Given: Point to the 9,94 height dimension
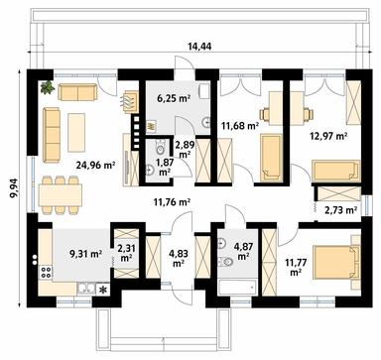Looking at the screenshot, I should [12, 182].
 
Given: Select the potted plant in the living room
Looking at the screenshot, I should [47, 88].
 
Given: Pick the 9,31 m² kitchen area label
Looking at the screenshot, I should [85, 254].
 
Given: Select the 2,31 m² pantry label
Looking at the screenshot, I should [125, 254].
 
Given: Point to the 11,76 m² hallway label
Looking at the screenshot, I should [171, 205].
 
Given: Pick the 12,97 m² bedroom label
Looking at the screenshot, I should [328, 136].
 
